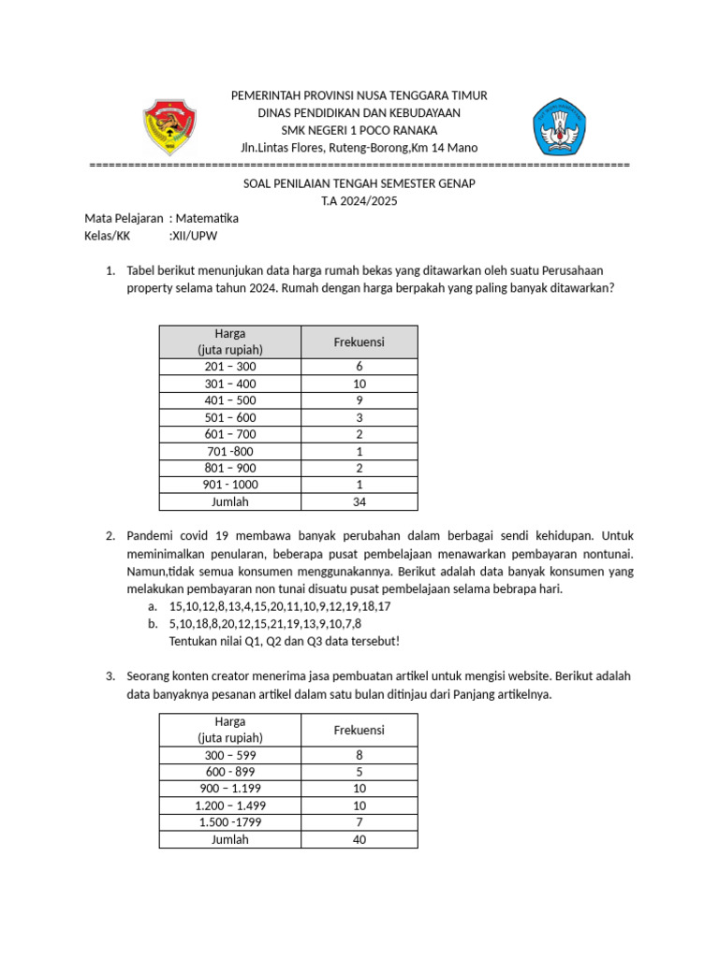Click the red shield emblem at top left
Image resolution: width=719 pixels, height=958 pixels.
click(x=169, y=127)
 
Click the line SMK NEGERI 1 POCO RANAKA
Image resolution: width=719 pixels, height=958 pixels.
click(x=359, y=130)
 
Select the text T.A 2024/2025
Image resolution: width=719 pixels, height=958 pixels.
click(x=359, y=201)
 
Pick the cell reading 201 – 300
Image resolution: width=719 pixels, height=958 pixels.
click(x=229, y=367)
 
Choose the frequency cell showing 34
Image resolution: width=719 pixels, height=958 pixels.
click(x=359, y=501)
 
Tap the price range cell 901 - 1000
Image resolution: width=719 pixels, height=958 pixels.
click(x=229, y=485)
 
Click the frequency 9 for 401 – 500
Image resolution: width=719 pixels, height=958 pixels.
click(x=359, y=400)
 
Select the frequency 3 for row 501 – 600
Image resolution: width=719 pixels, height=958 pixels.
click(x=359, y=417)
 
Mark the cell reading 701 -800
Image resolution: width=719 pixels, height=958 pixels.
click(x=229, y=451)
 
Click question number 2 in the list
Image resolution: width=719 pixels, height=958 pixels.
click(x=110, y=536)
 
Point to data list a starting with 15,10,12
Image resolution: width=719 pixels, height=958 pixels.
click(x=280, y=606)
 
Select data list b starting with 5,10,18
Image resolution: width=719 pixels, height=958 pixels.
click(x=265, y=623)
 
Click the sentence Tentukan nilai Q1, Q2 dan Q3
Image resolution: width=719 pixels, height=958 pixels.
click(x=284, y=640)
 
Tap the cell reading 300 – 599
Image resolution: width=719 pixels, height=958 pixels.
click(x=229, y=755)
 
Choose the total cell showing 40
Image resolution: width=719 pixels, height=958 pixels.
click(x=359, y=839)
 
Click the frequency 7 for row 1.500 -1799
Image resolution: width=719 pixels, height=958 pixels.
click(x=359, y=822)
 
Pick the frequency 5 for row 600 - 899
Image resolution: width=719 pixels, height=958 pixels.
click(x=359, y=772)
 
